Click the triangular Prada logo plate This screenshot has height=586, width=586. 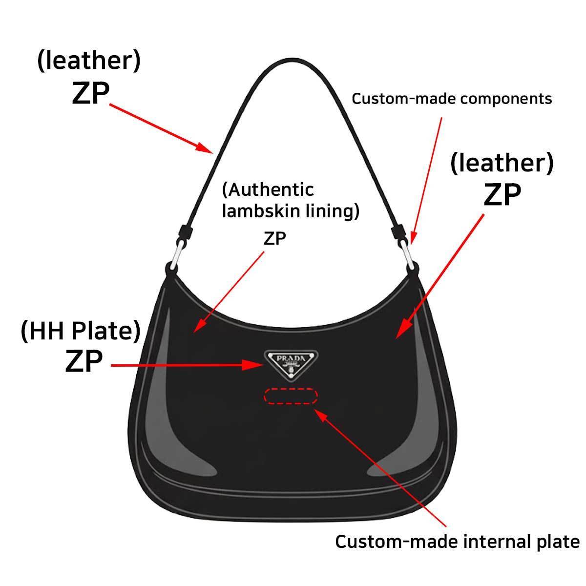coord(291,365)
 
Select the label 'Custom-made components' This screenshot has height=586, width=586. coord(452,99)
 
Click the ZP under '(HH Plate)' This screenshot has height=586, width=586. coord(84,361)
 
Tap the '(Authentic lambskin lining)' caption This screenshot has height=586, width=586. coord(291,200)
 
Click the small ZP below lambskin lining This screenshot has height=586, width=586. coord(274,238)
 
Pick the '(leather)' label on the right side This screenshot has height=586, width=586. coord(502,163)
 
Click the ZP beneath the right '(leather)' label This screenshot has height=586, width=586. coord(502,195)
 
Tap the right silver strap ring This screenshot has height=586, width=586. coord(407,254)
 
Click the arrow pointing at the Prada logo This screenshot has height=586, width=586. coord(187,365)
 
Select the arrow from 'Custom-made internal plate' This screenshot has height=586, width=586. coord(379,468)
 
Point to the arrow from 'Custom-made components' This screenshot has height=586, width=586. coord(426,182)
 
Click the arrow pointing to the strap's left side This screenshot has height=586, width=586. coord(161,128)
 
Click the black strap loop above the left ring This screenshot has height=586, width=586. coord(186,232)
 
